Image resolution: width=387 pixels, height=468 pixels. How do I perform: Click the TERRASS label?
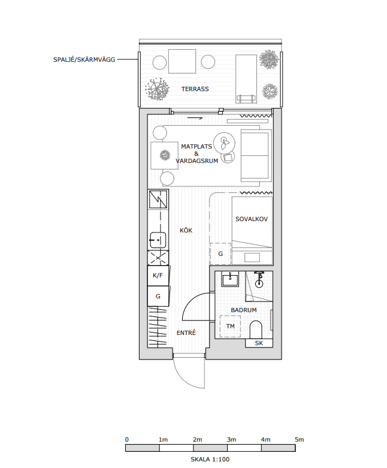[195, 89]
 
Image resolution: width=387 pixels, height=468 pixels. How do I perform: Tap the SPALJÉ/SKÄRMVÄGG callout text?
[84, 59]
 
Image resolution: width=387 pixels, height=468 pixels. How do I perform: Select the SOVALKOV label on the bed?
[252, 219]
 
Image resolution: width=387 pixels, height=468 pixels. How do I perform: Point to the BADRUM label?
[244, 310]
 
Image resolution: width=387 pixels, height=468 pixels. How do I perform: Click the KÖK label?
[186, 231]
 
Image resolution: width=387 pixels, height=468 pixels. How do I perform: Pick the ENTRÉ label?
[186, 333]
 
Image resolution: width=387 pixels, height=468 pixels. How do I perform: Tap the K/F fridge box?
[158, 276]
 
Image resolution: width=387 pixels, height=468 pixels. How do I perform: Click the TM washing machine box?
[230, 326]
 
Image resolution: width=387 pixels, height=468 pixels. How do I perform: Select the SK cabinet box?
[259, 343]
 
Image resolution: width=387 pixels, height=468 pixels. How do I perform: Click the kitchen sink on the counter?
[158, 240]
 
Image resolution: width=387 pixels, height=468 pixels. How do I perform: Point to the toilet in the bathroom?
[256, 330]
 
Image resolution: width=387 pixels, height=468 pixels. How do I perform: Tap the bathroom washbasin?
[231, 279]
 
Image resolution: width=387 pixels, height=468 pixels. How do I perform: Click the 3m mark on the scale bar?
[231, 440]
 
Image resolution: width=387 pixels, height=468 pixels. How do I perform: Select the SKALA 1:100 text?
[210, 460]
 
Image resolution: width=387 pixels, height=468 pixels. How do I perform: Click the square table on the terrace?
[182, 61]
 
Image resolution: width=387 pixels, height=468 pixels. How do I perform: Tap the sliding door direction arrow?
[195, 119]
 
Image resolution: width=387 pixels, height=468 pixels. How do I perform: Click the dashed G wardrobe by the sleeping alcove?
[220, 254]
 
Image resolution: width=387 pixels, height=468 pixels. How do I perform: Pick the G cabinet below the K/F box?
[158, 297]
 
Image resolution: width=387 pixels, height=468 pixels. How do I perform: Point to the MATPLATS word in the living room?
[196, 147]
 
